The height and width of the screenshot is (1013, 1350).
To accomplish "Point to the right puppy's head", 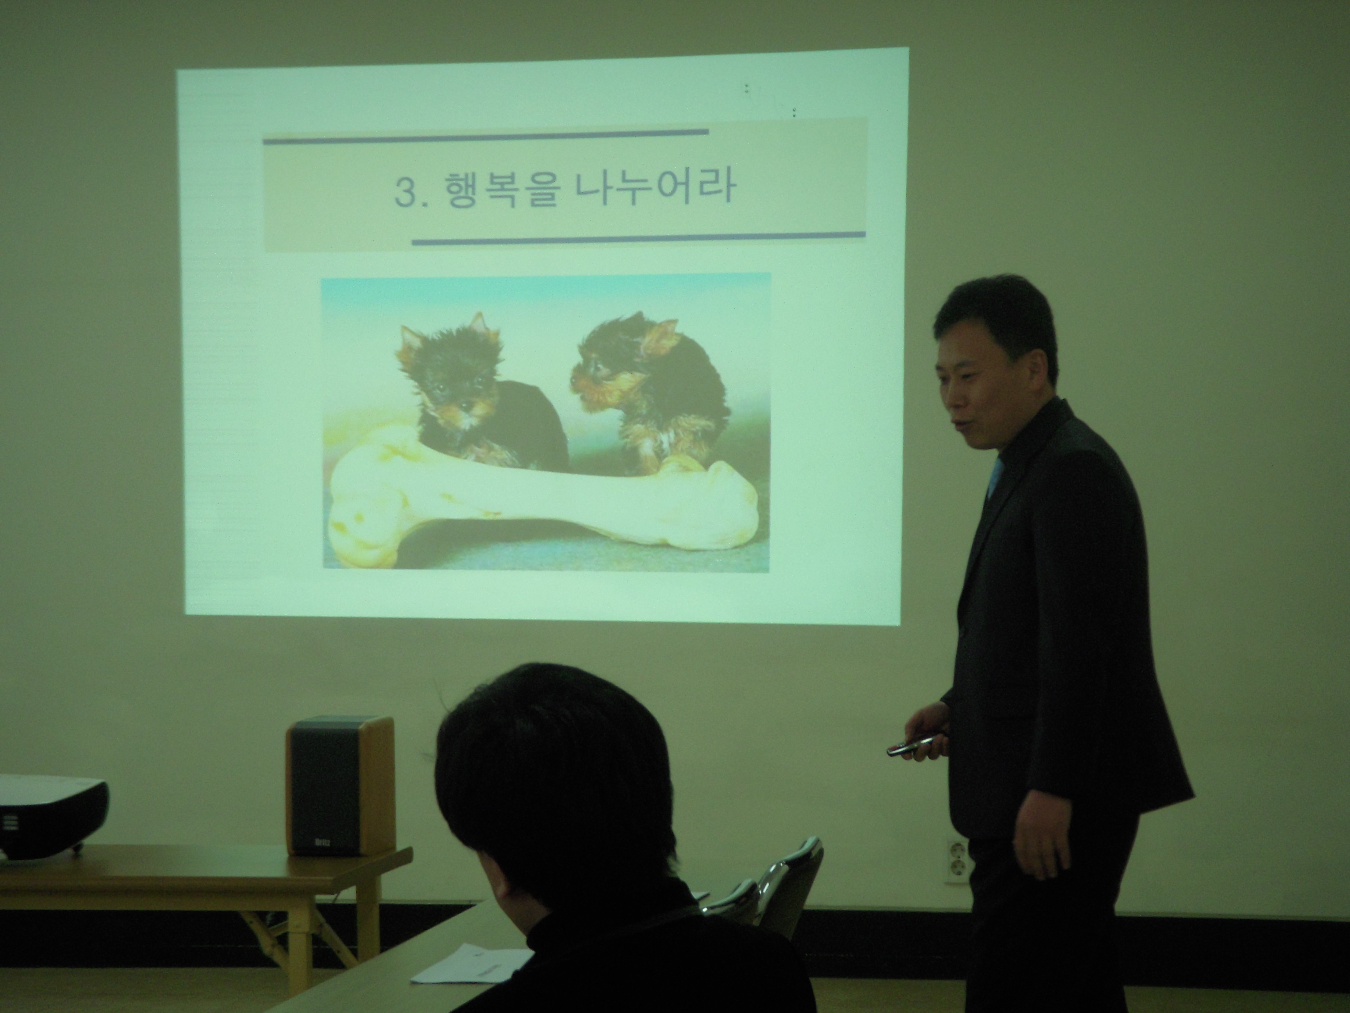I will point(616,366).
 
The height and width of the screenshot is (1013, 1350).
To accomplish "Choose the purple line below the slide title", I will point(638,238).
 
